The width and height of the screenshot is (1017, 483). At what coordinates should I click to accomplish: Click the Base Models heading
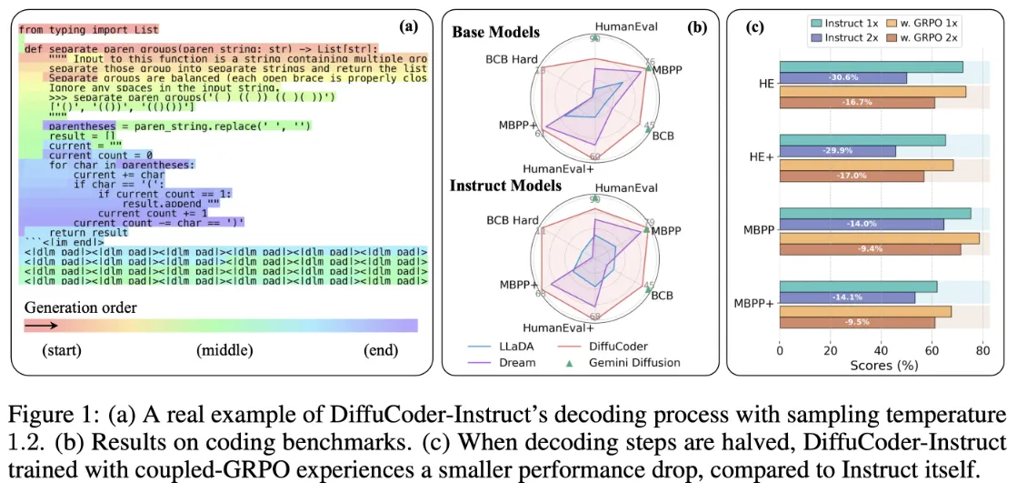point(495,32)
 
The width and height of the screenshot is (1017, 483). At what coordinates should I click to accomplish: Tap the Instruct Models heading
point(505,186)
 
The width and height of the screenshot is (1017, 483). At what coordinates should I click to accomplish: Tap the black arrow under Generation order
point(42,325)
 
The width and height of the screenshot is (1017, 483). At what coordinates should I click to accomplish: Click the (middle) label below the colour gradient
point(224,350)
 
